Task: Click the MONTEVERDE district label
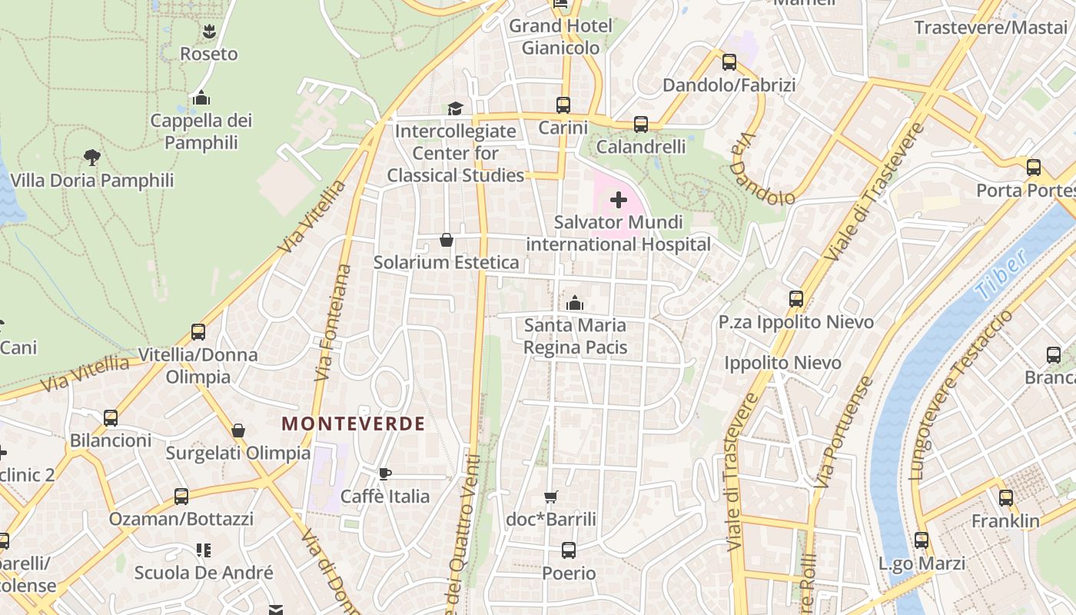coord(353,424)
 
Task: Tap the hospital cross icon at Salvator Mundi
coord(619,201)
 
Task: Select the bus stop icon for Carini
coord(563,105)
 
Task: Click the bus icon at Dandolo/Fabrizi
coord(729,62)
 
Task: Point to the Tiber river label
coord(1000,275)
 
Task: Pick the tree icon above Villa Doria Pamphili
coord(92,158)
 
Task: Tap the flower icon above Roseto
coord(208,32)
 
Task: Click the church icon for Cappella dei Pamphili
coord(201,98)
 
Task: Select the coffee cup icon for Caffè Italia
coord(385,474)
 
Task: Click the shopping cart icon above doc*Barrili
coord(550,497)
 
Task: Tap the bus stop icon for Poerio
coord(569,550)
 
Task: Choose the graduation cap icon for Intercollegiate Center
coord(456,108)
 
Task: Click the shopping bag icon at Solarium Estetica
coord(446,240)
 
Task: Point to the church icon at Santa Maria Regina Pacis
coord(575,303)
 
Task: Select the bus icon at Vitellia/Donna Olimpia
coord(198,332)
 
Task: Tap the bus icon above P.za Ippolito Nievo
coord(796,299)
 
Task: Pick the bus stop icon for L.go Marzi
coord(922,540)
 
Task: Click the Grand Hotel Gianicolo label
coord(561,37)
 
